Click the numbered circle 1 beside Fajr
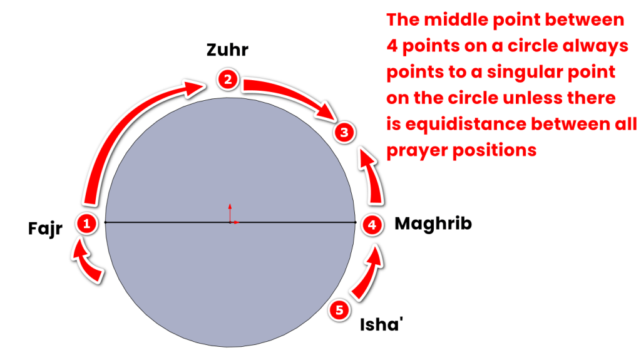coord(86,224)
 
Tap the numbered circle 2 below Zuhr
coord(228,80)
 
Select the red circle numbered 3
coord(344,132)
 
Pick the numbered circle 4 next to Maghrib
coord(372,225)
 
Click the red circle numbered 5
coord(339,310)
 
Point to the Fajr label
coord(45,229)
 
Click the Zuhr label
coord(227,50)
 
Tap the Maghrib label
coord(433,224)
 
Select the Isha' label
coord(381,324)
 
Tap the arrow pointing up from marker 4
coord(373,176)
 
